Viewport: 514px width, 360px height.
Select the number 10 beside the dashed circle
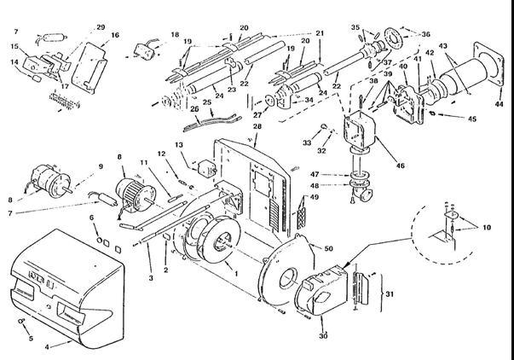(486, 229)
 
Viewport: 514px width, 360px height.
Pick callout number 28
(256, 125)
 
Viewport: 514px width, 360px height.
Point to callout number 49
(315, 198)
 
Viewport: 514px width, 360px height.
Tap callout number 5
(29, 337)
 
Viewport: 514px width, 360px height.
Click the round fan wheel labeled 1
(206, 242)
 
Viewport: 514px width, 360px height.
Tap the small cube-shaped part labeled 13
(200, 165)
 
